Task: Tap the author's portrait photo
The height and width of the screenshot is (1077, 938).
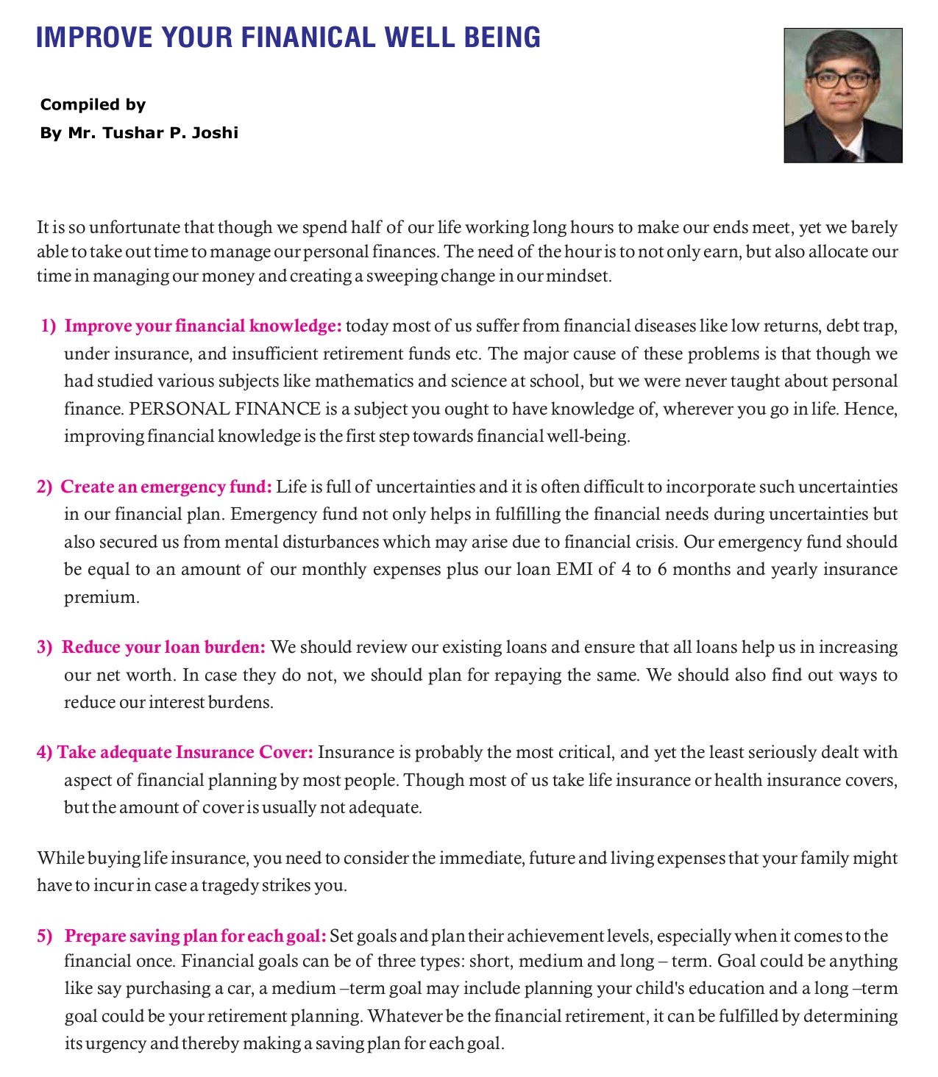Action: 843,95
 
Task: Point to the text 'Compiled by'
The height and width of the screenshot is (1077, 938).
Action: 93,104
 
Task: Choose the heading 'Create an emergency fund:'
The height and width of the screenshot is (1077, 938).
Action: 166,487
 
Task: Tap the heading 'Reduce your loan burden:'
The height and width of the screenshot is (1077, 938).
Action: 163,647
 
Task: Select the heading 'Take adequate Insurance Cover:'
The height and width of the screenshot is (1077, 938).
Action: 185,752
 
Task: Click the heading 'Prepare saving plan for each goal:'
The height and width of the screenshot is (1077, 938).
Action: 195,936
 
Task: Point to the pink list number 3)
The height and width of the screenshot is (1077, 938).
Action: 45,647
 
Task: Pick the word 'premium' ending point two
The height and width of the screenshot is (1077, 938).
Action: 100,597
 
